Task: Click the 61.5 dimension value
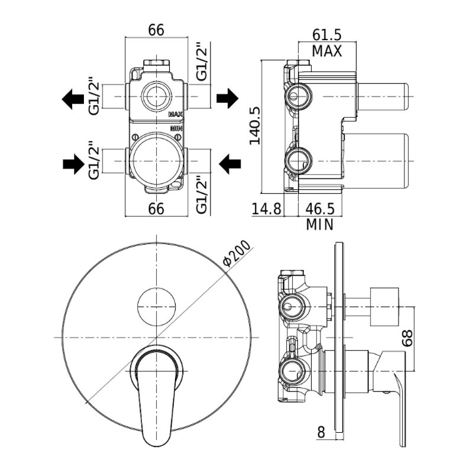(x=327, y=35)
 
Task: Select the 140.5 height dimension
(x=255, y=126)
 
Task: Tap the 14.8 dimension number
(x=265, y=209)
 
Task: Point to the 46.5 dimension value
(x=320, y=209)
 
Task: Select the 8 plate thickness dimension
(x=320, y=432)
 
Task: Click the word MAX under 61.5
(x=327, y=51)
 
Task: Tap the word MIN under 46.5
(x=320, y=225)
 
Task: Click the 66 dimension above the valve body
(x=156, y=30)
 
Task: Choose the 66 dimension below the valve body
(x=156, y=209)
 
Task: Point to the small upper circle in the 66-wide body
(x=156, y=95)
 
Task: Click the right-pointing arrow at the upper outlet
(x=227, y=98)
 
